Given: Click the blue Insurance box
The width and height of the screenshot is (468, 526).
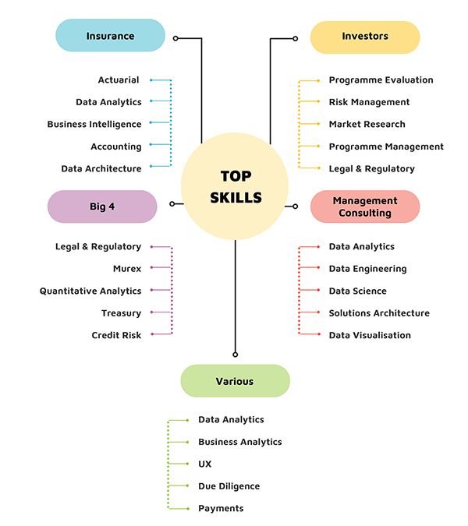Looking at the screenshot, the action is click(x=110, y=36).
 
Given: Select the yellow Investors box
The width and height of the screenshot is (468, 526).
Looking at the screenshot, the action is click(x=365, y=36).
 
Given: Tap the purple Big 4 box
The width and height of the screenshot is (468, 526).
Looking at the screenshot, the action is click(x=102, y=207).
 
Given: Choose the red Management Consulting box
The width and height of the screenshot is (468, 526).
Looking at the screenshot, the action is click(x=365, y=207).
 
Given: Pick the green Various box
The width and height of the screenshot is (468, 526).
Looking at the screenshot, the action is click(x=235, y=381).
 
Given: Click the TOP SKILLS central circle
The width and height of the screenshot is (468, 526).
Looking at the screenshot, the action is click(x=236, y=186).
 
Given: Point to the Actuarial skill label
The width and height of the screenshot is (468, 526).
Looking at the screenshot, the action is click(x=119, y=80).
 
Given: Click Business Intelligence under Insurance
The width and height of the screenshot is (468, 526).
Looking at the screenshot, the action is click(x=94, y=125).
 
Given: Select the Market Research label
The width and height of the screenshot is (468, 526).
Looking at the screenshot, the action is click(x=367, y=125).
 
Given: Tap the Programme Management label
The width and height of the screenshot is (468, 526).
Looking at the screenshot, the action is click(x=386, y=147).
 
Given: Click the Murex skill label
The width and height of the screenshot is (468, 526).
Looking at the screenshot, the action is click(x=127, y=269).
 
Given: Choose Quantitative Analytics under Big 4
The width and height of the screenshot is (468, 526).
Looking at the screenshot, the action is click(x=90, y=291).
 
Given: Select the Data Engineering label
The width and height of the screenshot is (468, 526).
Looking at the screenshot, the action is click(x=367, y=269).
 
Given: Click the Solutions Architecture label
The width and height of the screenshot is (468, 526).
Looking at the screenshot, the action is click(x=379, y=313).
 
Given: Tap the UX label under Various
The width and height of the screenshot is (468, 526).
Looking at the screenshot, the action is click(x=205, y=464).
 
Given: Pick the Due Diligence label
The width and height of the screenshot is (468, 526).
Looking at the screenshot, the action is click(x=229, y=486).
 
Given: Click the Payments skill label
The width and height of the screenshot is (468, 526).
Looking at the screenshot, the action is click(x=221, y=509).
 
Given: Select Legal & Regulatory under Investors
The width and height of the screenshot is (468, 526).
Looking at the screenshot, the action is click(x=371, y=169).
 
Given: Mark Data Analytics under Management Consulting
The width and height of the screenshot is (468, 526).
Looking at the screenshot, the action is click(x=361, y=247).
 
